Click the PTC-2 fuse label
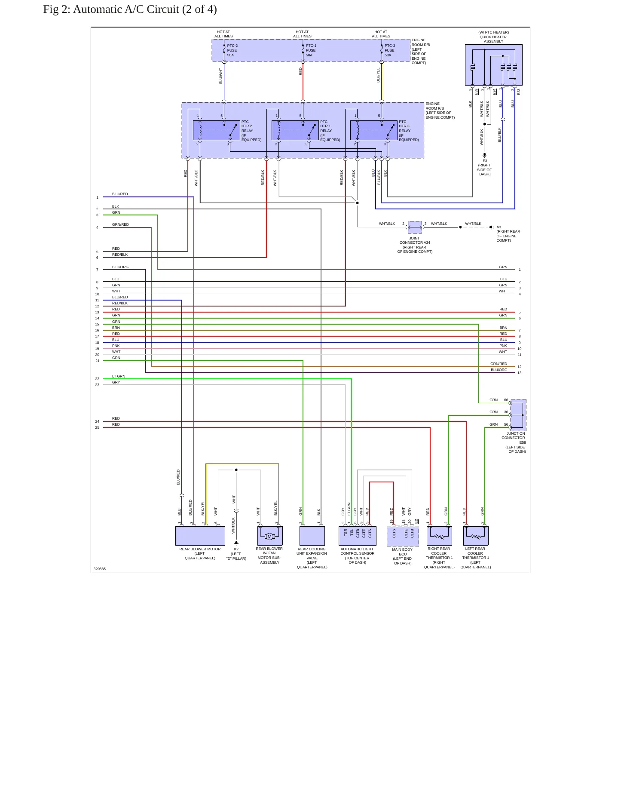click(232, 50)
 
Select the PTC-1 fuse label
click(311, 50)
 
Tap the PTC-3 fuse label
click(389, 50)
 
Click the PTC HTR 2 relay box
click(217, 130)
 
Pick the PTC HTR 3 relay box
click(374, 130)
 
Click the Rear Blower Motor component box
click(200, 536)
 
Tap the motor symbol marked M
click(269, 536)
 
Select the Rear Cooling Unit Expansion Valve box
click(312, 536)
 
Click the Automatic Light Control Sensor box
click(358, 536)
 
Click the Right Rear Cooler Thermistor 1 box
click(439, 536)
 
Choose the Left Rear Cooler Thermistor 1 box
click(476, 536)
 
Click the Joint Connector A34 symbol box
click(415, 227)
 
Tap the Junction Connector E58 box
click(518, 415)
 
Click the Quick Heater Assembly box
click(494, 65)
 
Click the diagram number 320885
click(100, 569)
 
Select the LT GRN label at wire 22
click(119, 376)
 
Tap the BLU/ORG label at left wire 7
click(120, 267)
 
